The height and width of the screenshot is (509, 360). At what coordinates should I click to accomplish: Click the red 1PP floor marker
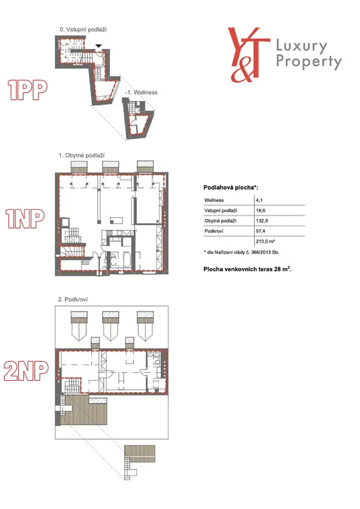(x=28, y=90)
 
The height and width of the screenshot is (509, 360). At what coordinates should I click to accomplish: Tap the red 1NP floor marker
(x=25, y=218)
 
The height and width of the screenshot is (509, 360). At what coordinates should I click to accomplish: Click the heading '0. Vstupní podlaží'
(x=83, y=30)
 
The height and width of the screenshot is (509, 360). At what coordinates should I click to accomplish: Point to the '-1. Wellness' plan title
(x=141, y=92)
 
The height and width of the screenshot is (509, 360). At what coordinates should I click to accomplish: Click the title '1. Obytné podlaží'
(x=82, y=156)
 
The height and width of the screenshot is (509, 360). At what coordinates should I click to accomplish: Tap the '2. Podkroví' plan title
(x=73, y=299)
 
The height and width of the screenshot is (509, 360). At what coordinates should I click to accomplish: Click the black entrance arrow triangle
(x=98, y=46)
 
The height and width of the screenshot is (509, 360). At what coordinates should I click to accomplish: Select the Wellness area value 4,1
(x=259, y=200)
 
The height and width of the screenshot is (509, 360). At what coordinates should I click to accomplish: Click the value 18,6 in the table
(x=261, y=211)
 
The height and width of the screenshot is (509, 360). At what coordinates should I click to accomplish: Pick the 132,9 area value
(x=262, y=221)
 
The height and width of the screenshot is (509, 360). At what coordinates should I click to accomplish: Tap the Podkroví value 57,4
(x=261, y=231)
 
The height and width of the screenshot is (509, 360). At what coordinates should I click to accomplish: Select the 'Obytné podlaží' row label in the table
(x=220, y=221)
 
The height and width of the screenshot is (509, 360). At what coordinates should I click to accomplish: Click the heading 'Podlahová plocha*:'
(x=231, y=187)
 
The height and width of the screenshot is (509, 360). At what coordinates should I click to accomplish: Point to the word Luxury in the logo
(x=302, y=47)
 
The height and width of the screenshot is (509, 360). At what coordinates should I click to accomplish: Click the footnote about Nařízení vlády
(x=241, y=252)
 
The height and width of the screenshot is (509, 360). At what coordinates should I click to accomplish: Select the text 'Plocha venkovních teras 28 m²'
(x=247, y=269)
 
